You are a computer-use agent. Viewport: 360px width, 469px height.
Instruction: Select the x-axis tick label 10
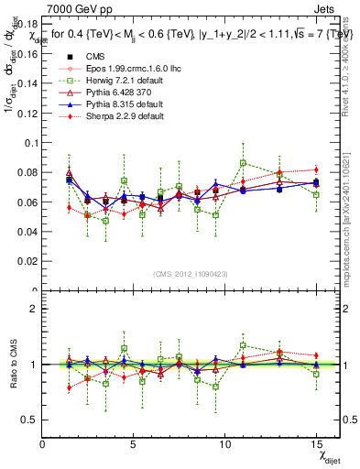click(x=225, y=443)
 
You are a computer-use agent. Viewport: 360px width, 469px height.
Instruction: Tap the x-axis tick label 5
click(x=134, y=443)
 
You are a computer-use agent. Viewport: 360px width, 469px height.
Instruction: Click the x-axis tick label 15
click(x=317, y=443)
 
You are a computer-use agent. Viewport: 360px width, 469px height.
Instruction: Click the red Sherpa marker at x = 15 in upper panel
click(x=316, y=169)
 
